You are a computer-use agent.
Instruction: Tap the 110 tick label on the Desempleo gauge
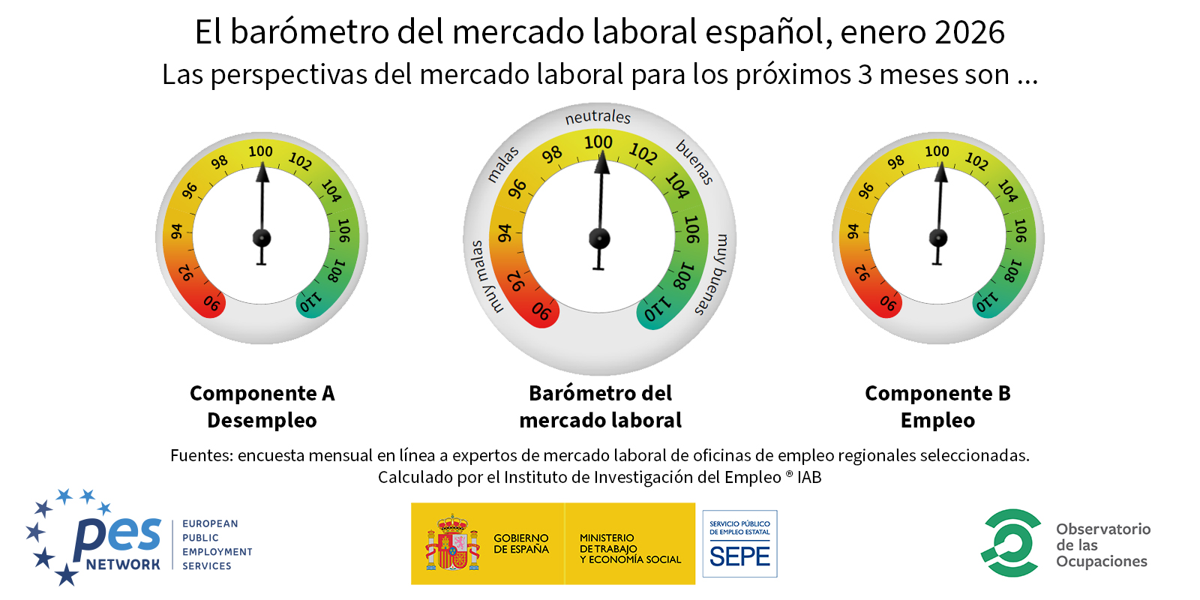click(310, 302)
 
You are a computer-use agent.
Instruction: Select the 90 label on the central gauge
click(541, 311)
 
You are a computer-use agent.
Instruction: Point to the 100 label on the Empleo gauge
click(937, 151)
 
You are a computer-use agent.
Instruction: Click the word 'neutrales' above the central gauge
click(598, 117)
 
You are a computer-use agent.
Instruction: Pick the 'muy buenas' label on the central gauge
click(714, 274)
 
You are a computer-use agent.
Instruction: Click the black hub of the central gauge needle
click(599, 238)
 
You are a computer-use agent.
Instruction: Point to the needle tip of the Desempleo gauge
click(262, 166)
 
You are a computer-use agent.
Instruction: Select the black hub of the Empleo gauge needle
click(938, 238)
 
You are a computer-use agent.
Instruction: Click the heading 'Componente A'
click(262, 393)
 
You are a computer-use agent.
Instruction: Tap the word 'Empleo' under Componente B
click(937, 420)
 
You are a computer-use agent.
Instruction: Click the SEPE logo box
click(739, 544)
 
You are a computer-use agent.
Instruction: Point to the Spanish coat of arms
click(452, 544)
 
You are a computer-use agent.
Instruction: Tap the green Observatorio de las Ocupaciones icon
click(1011, 543)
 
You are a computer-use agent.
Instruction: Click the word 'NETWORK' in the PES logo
click(123, 564)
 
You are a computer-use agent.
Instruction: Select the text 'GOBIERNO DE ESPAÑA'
click(520, 544)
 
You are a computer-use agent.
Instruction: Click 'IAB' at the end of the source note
click(809, 478)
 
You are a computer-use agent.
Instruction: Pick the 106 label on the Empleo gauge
click(1020, 230)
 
